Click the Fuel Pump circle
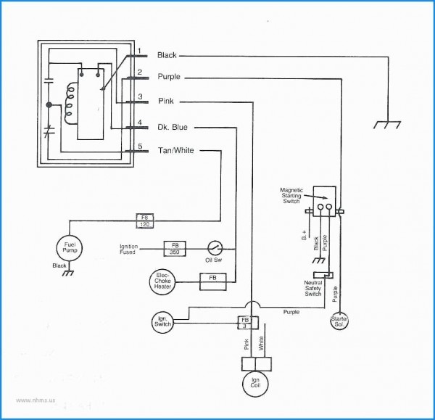tap(70, 249)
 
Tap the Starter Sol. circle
tap(339, 321)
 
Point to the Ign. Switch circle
tap(162, 321)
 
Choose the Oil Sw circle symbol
tap(215, 247)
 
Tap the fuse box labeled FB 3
tap(244, 323)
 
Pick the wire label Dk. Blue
tap(173, 126)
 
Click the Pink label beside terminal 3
tap(165, 102)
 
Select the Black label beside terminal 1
tap(167, 55)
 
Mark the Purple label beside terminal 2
tap(169, 77)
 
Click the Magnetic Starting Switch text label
tap(294, 196)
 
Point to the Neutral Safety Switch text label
tap(313, 288)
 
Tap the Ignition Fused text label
tap(129, 250)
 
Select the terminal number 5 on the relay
tap(138, 147)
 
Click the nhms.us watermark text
tap(30, 399)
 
